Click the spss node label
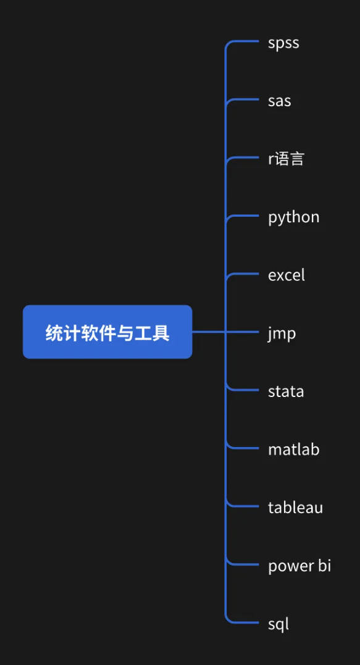[x=283, y=43]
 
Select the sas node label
[x=280, y=101]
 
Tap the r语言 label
[x=286, y=159]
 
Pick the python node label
[x=293, y=218]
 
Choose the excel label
[x=287, y=275]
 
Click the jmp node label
[x=282, y=334]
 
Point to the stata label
[x=286, y=391]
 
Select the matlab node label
[x=293, y=449]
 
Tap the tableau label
[x=295, y=507]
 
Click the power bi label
[x=299, y=566]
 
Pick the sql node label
[x=278, y=624]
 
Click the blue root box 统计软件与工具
[x=107, y=332]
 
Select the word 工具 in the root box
[x=153, y=333]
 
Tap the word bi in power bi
[x=324, y=566]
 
